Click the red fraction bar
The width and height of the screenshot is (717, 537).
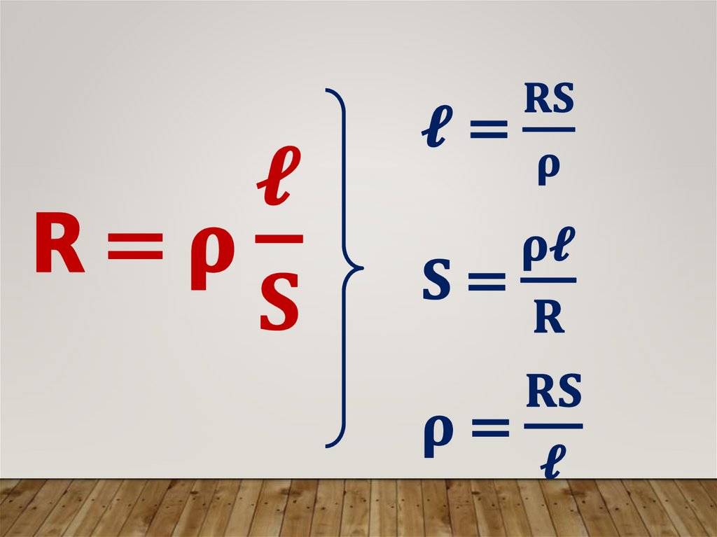[x=279, y=239]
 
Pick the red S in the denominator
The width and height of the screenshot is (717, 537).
[x=279, y=303]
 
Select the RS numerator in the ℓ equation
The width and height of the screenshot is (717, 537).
[x=550, y=102]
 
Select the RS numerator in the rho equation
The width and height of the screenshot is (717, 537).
[x=553, y=395]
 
